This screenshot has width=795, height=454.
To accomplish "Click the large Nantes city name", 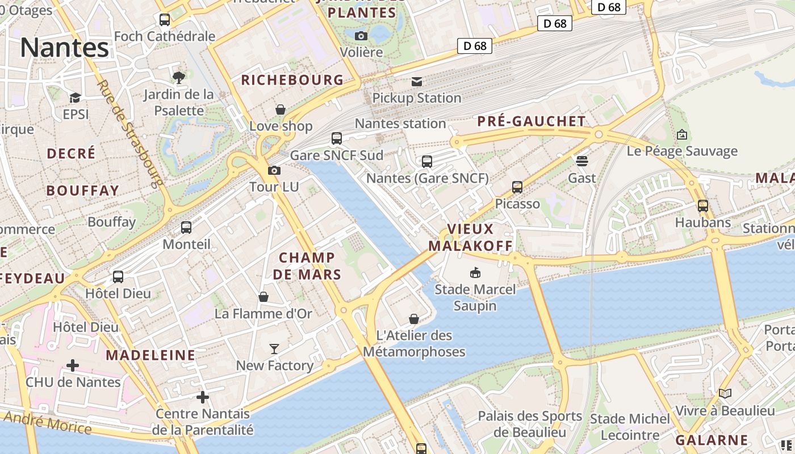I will tap(64, 48).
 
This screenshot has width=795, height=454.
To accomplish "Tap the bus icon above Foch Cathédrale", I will tap(165, 20).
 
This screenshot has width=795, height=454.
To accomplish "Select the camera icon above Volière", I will tap(361, 36).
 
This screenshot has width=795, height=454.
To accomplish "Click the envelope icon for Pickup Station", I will tap(417, 82).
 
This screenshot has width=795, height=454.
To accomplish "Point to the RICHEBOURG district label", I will tap(292, 80).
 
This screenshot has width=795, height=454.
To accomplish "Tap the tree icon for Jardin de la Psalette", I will tap(178, 77).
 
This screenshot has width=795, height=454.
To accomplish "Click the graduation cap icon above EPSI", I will tap(75, 98).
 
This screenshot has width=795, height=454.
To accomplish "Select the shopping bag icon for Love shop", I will tap(281, 110).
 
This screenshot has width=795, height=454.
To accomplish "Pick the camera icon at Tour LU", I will tap(274, 170).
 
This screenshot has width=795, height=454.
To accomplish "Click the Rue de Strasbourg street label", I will tap(130, 133).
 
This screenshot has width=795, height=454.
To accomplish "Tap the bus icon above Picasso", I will tap(517, 187).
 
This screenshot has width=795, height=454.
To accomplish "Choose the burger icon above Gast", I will tap(582, 161).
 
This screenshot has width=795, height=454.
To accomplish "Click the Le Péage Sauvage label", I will tap(682, 151).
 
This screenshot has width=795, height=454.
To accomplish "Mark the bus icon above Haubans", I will tap(703, 206).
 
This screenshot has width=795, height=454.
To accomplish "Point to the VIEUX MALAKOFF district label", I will tap(470, 237).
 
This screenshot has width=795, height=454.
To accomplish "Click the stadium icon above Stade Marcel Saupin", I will tap(475, 273).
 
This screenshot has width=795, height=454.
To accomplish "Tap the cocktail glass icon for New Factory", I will tap(274, 348).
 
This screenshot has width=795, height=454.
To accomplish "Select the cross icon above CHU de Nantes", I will tap(73, 365).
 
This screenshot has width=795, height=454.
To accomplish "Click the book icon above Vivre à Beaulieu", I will tap(725, 393).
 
